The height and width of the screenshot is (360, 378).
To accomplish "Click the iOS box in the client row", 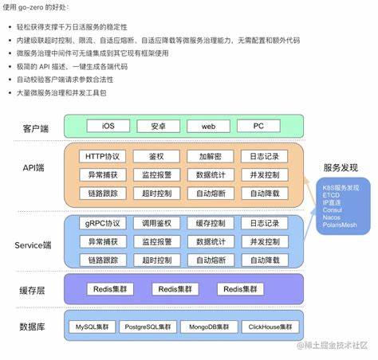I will [108, 126].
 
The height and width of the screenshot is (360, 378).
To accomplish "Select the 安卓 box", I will [158, 126].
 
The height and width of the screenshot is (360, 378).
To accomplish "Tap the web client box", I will [208, 126].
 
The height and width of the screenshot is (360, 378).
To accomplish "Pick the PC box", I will [259, 126].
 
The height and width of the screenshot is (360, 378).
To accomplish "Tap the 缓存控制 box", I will [208, 223].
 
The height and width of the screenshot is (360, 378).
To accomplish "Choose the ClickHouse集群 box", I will [267, 327].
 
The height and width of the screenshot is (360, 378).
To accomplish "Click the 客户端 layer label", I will [35, 126].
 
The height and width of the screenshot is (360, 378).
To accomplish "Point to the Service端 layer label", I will [34, 244].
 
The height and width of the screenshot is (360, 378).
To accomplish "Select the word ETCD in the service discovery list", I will [331, 194].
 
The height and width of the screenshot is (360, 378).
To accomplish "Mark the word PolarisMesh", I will [341, 225].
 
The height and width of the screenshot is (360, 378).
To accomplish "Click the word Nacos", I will [333, 217].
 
